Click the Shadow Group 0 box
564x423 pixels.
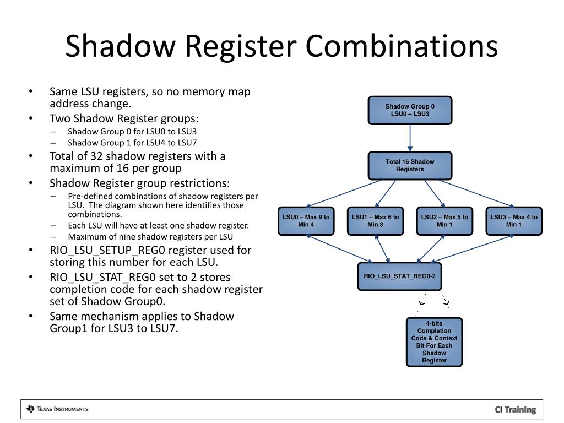point(410,110)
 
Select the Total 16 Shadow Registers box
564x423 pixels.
point(410,165)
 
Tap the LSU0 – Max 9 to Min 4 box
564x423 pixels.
point(306,221)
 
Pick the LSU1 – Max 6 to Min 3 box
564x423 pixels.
point(375,221)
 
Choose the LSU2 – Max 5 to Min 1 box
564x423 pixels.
point(444,221)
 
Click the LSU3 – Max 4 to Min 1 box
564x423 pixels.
point(514,221)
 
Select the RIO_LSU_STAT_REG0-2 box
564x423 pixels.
point(399,276)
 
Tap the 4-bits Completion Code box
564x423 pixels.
point(434,342)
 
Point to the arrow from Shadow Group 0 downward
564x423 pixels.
point(410,138)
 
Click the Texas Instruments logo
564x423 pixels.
point(57,409)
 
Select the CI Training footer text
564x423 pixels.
point(515,409)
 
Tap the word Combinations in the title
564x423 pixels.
point(402,46)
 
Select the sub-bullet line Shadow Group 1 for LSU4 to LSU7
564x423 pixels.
point(132,142)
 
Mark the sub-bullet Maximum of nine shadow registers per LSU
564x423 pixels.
point(150,237)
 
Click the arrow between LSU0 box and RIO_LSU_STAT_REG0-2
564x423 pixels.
point(336,248)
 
